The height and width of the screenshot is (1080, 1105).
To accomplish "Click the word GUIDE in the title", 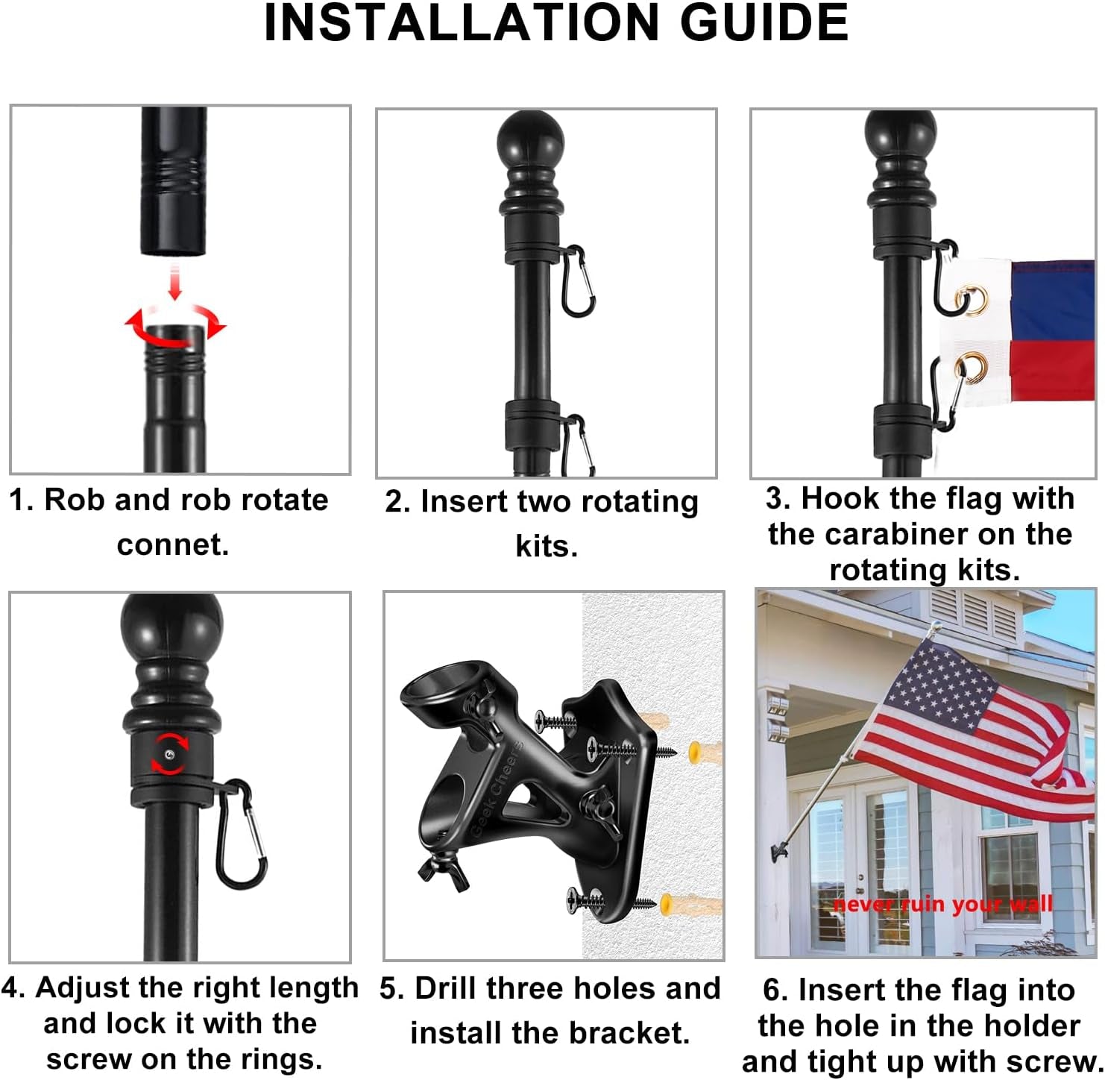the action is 764,22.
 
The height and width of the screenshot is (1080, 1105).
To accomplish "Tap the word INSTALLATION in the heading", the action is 461,22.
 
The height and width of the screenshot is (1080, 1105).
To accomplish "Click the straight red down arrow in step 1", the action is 175,282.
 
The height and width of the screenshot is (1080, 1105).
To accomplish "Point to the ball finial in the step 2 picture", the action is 530,139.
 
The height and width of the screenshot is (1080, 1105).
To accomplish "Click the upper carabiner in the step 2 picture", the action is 579,281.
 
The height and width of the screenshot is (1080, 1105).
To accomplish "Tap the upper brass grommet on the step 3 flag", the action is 972,298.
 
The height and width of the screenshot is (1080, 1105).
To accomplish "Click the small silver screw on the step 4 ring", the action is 169,755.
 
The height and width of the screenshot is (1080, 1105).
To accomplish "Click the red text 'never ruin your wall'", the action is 942,904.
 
